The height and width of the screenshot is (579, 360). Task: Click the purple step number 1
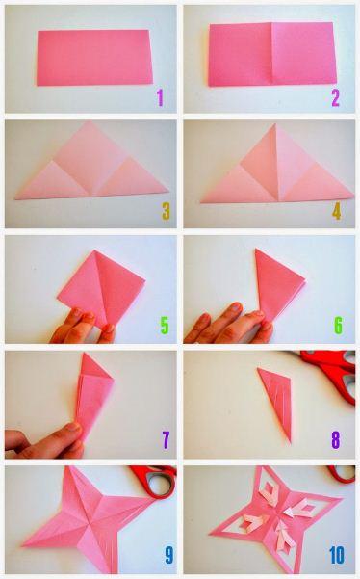point(160,98)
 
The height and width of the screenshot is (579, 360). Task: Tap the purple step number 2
point(335,98)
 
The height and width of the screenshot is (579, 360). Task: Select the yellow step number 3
point(166,212)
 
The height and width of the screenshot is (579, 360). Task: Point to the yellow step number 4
point(336,212)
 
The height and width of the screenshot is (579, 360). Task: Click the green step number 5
point(165,326)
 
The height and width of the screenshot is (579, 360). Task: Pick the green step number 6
point(338,326)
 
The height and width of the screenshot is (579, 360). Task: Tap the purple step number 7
point(166,439)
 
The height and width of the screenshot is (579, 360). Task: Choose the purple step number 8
point(336,439)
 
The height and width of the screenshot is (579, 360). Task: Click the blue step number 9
point(168,555)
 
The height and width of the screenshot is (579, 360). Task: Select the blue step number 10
point(337,555)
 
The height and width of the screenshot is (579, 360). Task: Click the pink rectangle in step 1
point(94,58)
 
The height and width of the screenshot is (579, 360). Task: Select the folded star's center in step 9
point(90,520)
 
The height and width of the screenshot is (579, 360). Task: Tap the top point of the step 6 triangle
point(255,250)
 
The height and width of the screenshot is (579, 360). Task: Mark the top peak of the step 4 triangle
point(274,124)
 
